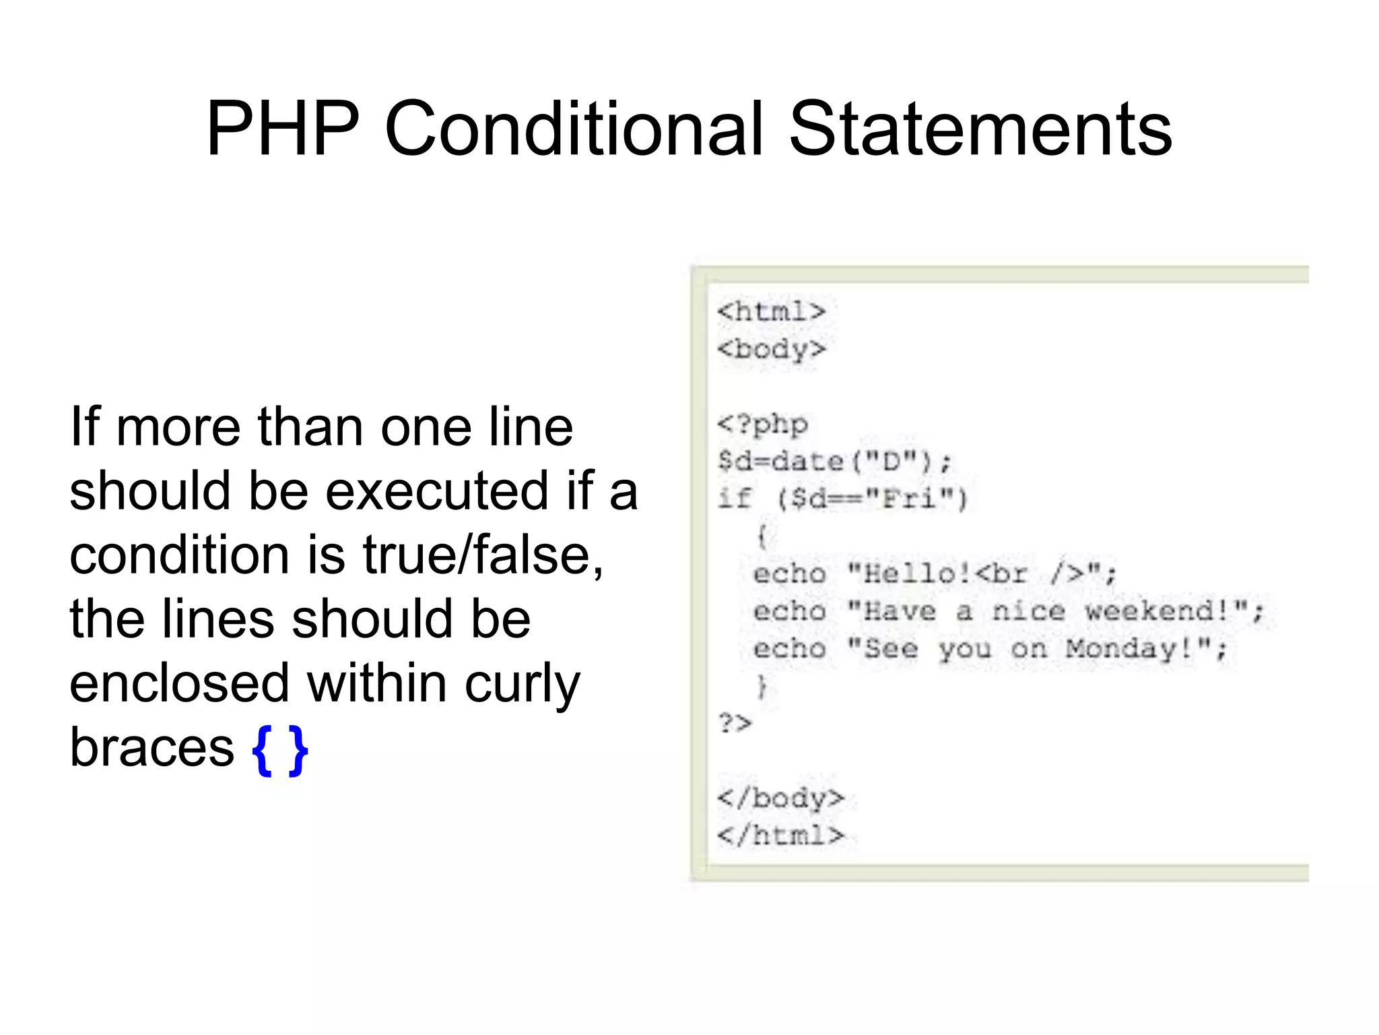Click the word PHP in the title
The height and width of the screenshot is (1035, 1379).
click(x=283, y=129)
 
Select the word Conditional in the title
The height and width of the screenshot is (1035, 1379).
click(x=574, y=129)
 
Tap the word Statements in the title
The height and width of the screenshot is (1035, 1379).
click(x=980, y=129)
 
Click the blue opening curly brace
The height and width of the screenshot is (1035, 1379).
click(x=261, y=749)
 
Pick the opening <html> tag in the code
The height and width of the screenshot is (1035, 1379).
click(x=771, y=311)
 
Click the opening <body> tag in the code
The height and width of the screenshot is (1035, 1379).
click(x=771, y=349)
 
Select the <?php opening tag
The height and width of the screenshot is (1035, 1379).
click(x=762, y=425)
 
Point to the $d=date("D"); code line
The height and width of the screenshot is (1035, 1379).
click(x=834, y=462)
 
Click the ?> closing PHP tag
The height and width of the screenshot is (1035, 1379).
click(x=735, y=723)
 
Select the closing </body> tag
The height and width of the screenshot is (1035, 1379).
click(x=780, y=798)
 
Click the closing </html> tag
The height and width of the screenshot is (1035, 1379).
click(x=780, y=836)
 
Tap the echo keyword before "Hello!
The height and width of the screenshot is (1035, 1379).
click(x=789, y=574)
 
